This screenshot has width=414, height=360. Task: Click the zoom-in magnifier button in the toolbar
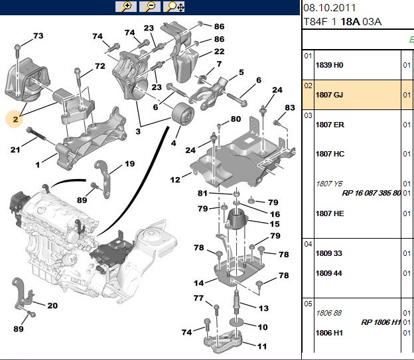click(x=126, y=7)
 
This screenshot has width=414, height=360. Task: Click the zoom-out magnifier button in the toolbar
click(x=150, y=7)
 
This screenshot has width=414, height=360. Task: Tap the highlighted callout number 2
click(x=15, y=119)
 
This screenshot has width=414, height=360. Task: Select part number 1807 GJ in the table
click(x=329, y=95)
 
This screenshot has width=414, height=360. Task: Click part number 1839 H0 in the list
click(x=329, y=65)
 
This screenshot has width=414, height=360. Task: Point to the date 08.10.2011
click(x=329, y=8)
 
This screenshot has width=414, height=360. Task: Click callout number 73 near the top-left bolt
click(x=38, y=36)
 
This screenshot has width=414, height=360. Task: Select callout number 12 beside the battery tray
click(x=175, y=180)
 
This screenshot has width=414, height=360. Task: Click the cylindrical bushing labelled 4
click(x=182, y=115)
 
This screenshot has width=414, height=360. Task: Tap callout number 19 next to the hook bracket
click(x=129, y=164)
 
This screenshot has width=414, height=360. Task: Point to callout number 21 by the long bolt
click(x=15, y=150)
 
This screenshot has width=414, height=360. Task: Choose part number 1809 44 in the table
click(x=328, y=273)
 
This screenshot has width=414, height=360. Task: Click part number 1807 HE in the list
click(x=330, y=213)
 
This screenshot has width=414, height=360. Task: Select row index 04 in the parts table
click(x=308, y=244)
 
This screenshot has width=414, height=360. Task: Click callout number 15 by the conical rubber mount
click(x=275, y=224)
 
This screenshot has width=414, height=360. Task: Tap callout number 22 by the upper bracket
click(x=220, y=51)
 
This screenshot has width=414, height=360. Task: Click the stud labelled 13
click(x=236, y=302)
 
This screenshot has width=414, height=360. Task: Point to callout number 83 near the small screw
click(x=290, y=107)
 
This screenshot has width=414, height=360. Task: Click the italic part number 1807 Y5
click(x=329, y=184)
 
